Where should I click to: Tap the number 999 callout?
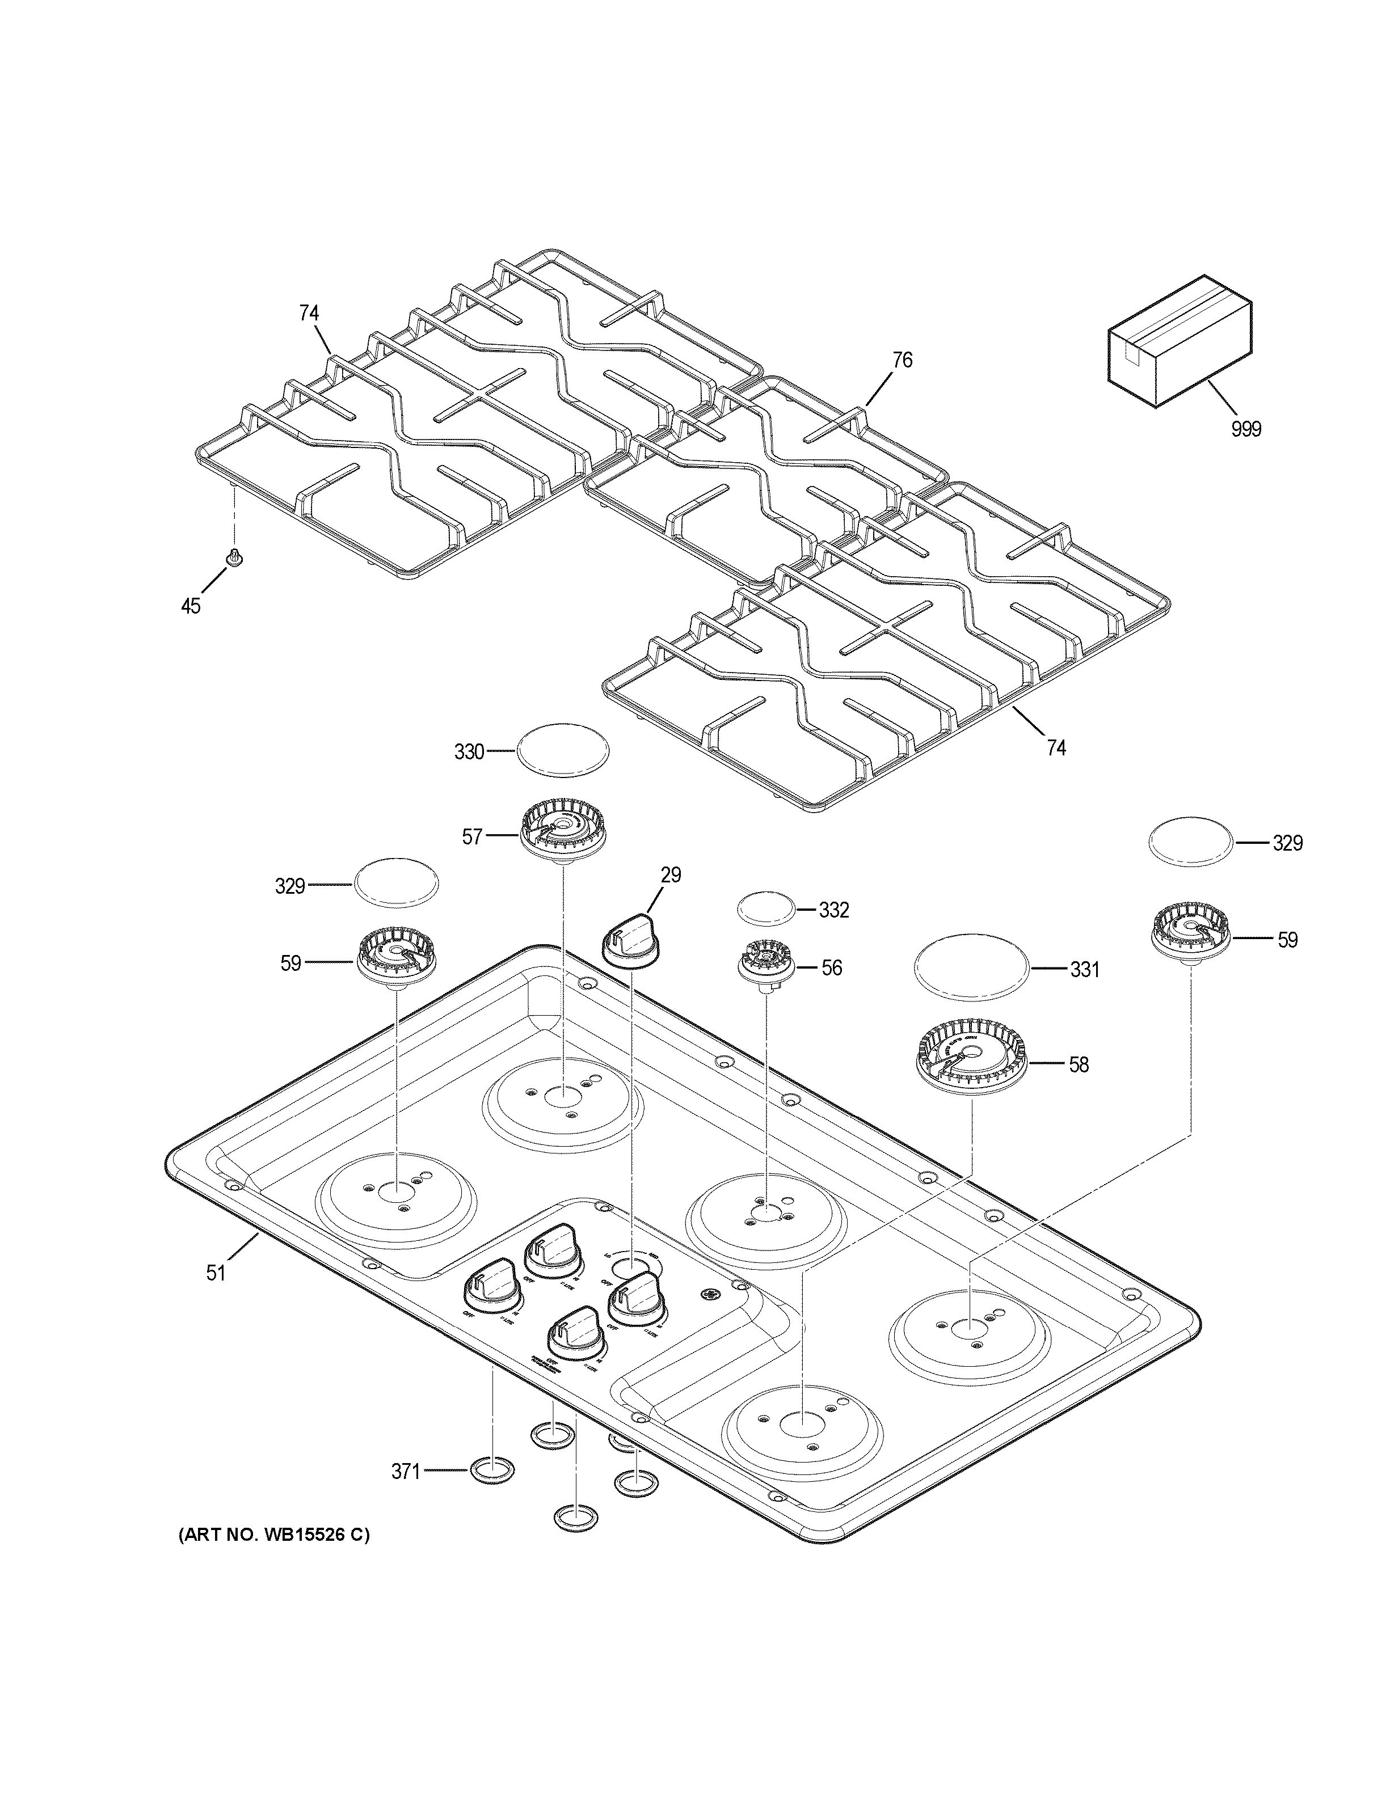click(1245, 428)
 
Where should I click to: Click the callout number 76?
click(902, 360)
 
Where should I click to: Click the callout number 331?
click(1084, 970)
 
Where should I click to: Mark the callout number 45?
click(190, 607)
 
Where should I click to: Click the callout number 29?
click(671, 875)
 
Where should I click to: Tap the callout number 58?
click(1079, 1065)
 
